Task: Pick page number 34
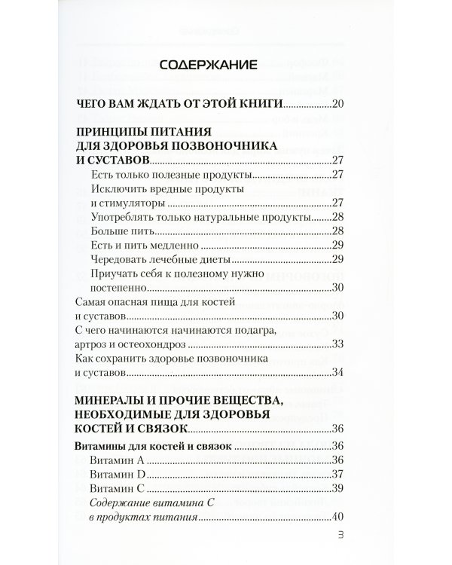[x=337, y=372]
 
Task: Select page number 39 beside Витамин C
[x=337, y=488]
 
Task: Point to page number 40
[x=337, y=517]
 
